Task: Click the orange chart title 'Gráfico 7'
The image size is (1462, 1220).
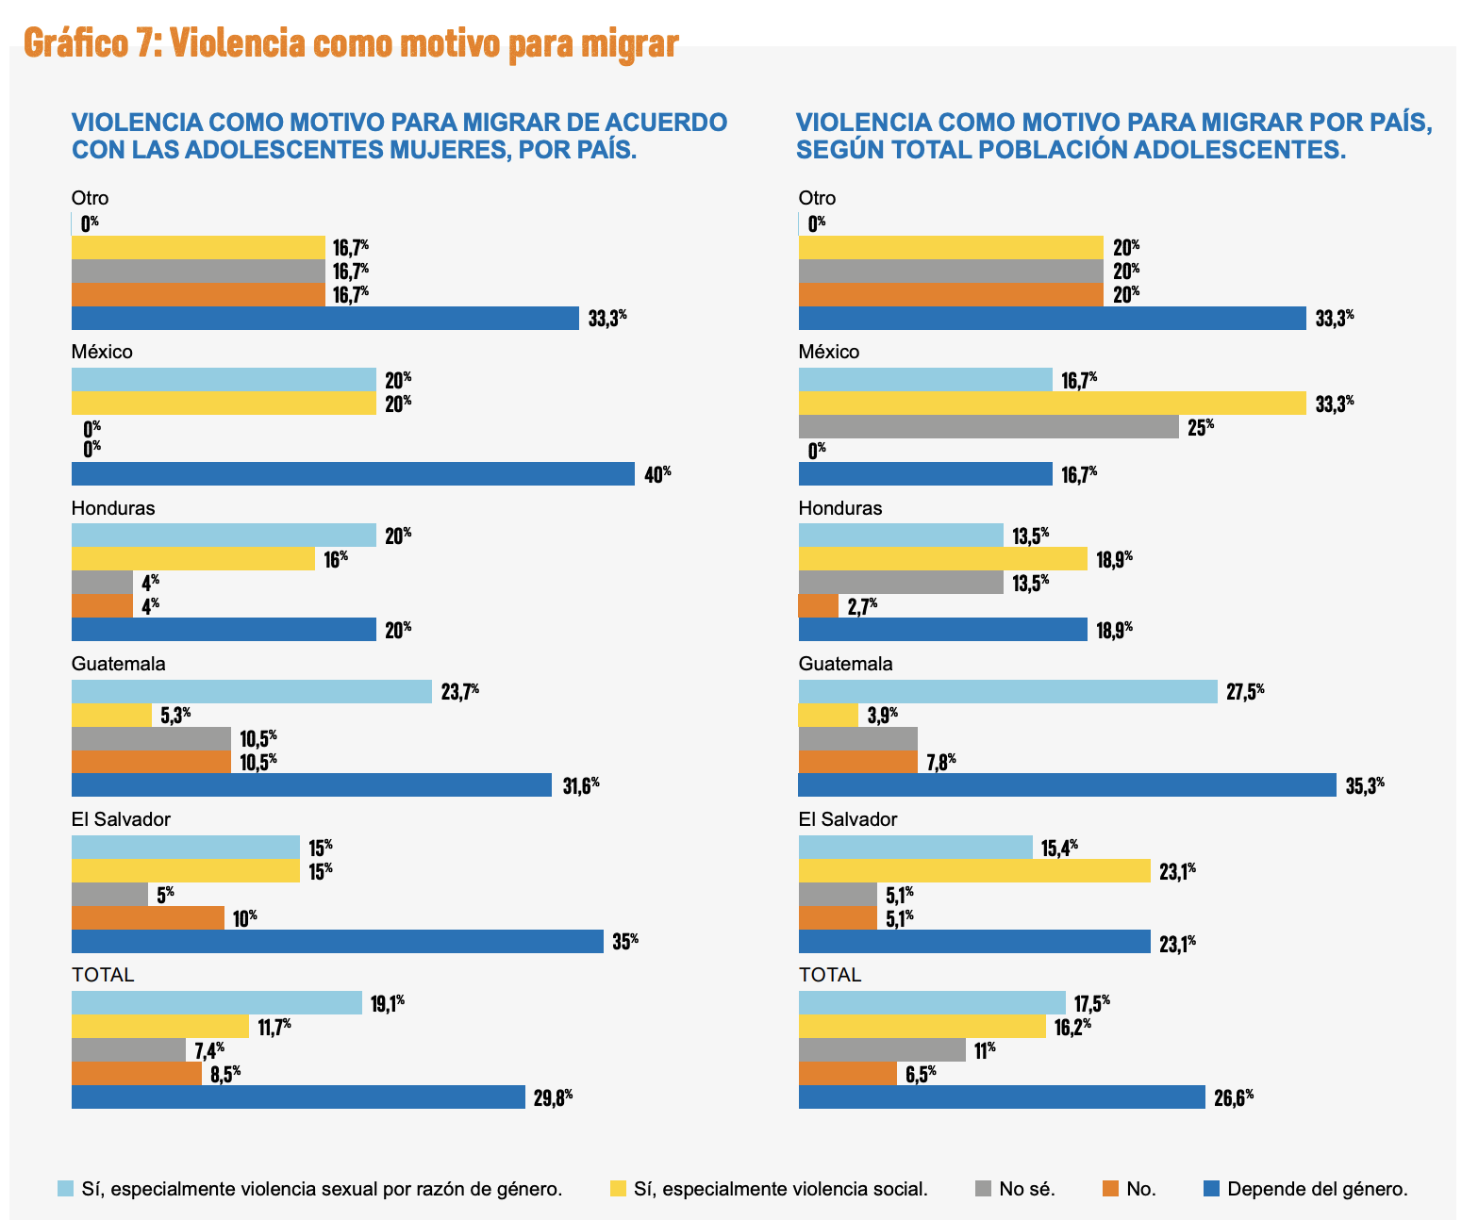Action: [x=350, y=43]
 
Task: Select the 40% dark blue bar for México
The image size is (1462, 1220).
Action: [x=353, y=473]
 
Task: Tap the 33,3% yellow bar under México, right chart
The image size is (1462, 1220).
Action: [x=1052, y=404]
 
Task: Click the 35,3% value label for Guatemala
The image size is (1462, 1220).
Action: [x=1364, y=785]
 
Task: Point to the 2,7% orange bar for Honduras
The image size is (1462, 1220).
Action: [x=818, y=605]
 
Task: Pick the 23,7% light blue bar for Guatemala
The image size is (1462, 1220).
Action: [x=252, y=692]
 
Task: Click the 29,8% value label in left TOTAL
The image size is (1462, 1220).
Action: [x=553, y=1096]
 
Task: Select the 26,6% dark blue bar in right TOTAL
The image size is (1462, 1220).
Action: [x=1002, y=1096]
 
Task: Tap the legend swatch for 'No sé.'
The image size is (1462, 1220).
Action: [x=982, y=1188]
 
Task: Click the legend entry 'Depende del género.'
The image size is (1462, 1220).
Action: [x=1317, y=1189]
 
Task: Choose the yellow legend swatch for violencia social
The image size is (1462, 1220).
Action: [x=618, y=1188]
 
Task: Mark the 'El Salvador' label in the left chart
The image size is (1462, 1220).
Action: [x=121, y=818]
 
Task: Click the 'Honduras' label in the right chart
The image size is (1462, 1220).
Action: [x=840, y=508]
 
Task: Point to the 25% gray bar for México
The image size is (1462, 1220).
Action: [x=989, y=427]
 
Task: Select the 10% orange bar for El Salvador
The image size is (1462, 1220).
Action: [x=148, y=917]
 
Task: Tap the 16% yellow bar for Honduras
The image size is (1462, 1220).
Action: [x=193, y=558]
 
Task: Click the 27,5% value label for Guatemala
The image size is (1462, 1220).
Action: [x=1245, y=691]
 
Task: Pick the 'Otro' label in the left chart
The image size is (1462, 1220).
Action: [x=91, y=198]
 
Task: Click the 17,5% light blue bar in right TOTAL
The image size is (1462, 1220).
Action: [x=932, y=1002]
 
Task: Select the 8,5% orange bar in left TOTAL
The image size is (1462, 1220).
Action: [x=137, y=1073]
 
